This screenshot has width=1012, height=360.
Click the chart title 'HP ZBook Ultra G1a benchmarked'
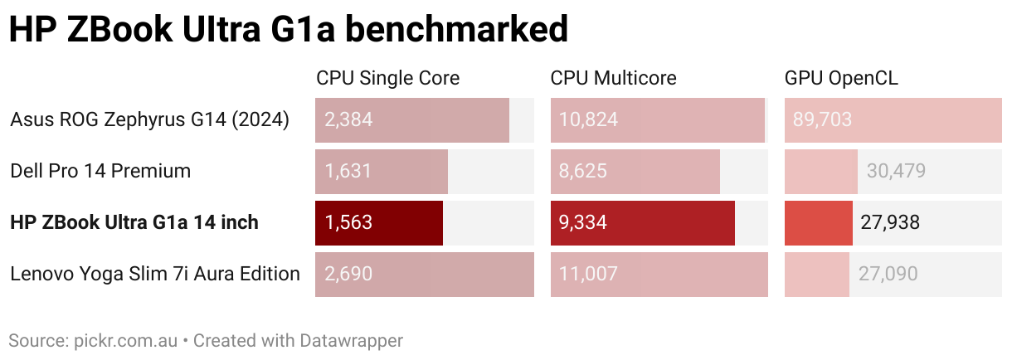(x=288, y=31)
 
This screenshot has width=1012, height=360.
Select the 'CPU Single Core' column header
(x=387, y=79)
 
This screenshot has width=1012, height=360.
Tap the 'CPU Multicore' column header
(x=613, y=79)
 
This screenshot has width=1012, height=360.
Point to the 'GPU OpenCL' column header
(x=841, y=79)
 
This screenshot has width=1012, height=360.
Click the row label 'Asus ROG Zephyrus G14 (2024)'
(x=149, y=120)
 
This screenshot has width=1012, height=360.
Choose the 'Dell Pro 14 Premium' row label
(x=100, y=172)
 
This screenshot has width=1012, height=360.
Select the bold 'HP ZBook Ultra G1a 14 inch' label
(x=134, y=222)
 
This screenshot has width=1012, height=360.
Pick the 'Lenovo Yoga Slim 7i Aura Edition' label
(x=155, y=274)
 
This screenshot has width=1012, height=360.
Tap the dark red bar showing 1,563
(x=379, y=222)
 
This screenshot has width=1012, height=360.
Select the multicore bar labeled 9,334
(x=643, y=222)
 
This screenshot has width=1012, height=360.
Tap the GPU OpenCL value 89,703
(x=822, y=120)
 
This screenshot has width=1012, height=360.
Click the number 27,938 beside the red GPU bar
(x=890, y=222)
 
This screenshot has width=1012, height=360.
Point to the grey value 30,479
(x=896, y=172)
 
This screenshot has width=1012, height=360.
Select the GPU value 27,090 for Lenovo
(x=887, y=274)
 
